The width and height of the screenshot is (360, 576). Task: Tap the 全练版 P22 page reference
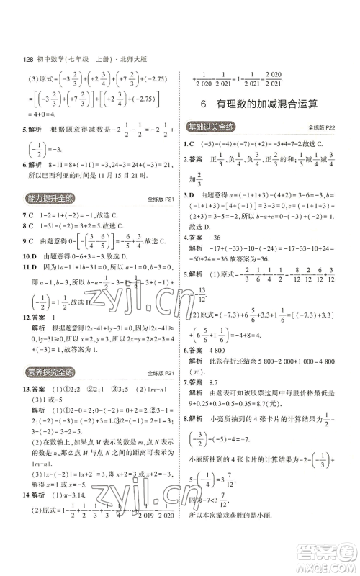click(322, 127)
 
